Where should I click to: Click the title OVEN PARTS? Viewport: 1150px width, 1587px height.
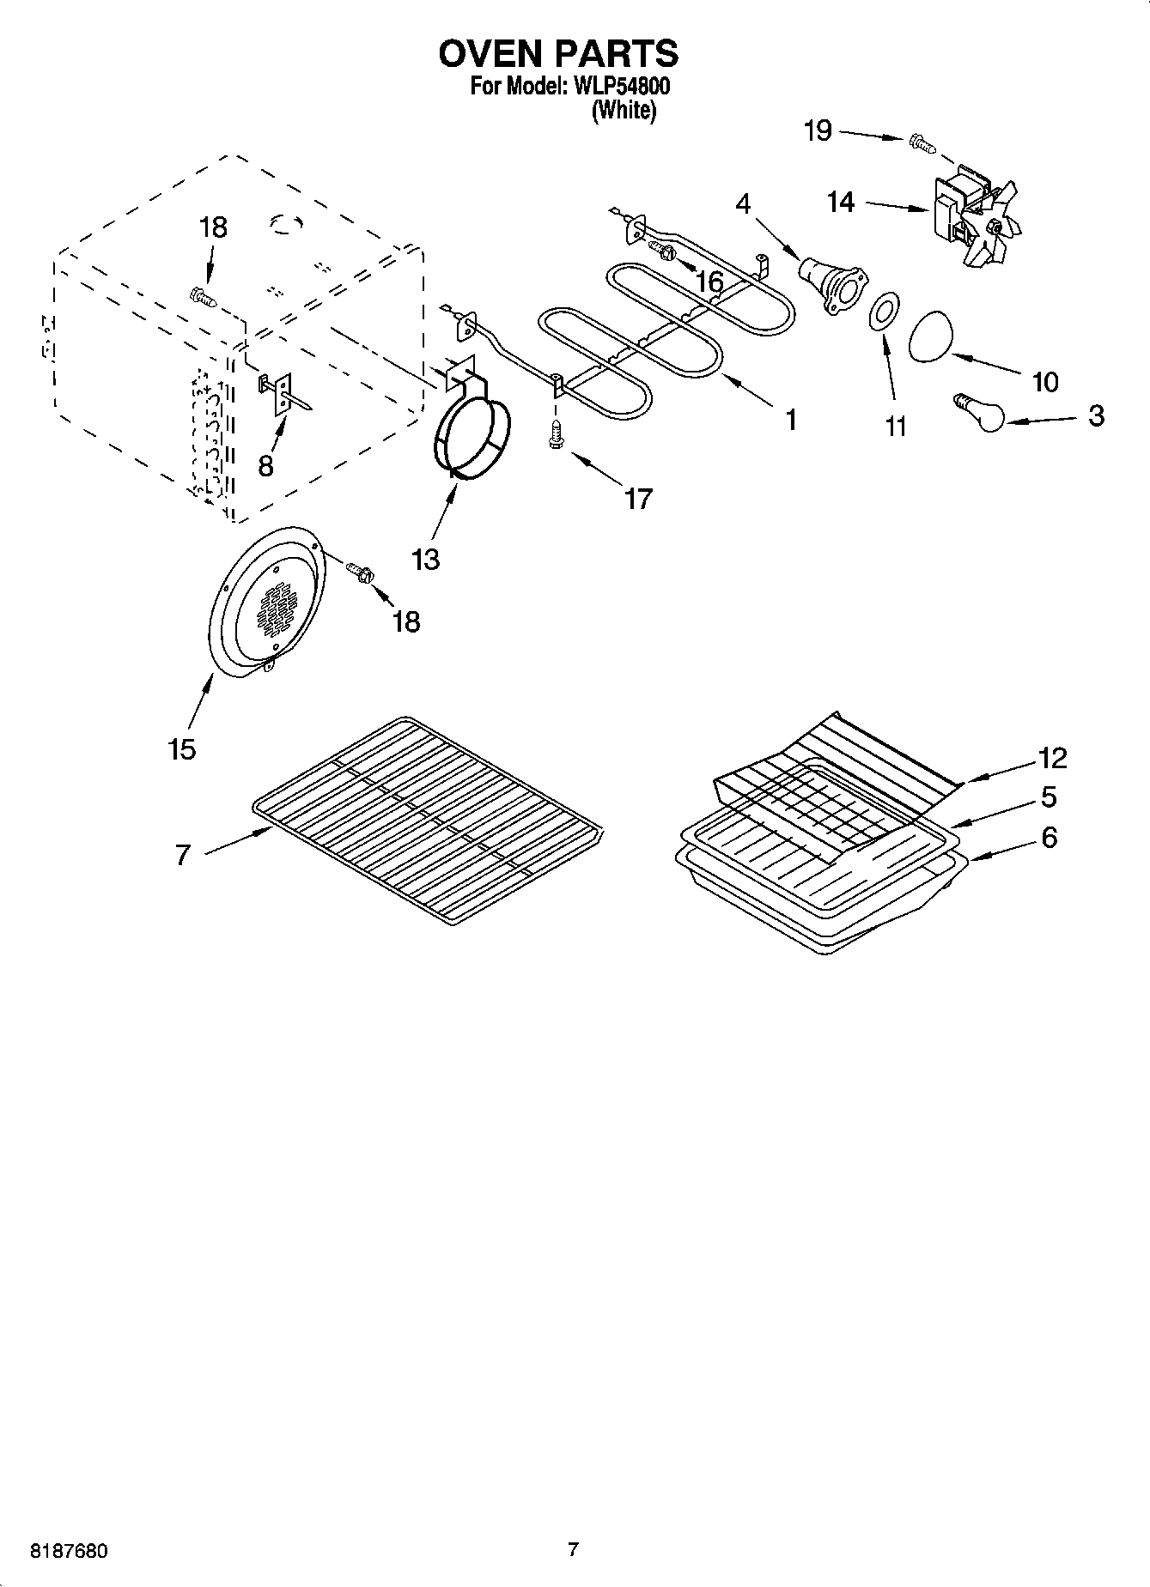tap(558, 53)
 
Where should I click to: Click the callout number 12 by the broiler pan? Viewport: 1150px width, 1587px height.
tap(1052, 758)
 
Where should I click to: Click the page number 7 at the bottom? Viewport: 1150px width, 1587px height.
tap(573, 1549)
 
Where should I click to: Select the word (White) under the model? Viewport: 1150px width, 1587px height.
tap(624, 111)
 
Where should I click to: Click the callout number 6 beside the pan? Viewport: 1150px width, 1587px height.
tap(1049, 837)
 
